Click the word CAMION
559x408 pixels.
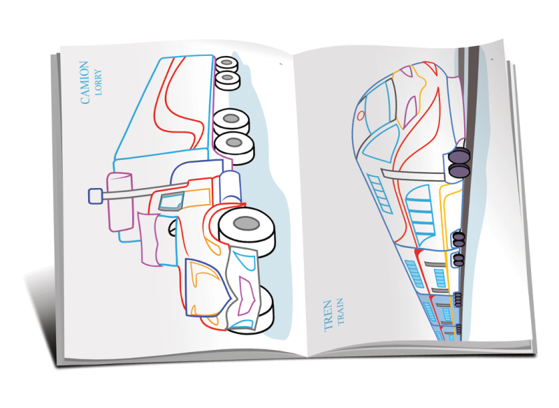pyautogui.click(x=85, y=82)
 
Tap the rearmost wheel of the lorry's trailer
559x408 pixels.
pyautogui.click(x=227, y=61)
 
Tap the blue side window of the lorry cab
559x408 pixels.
pyautogui.click(x=169, y=203)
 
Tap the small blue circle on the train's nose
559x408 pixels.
pyautogui.click(x=361, y=115)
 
